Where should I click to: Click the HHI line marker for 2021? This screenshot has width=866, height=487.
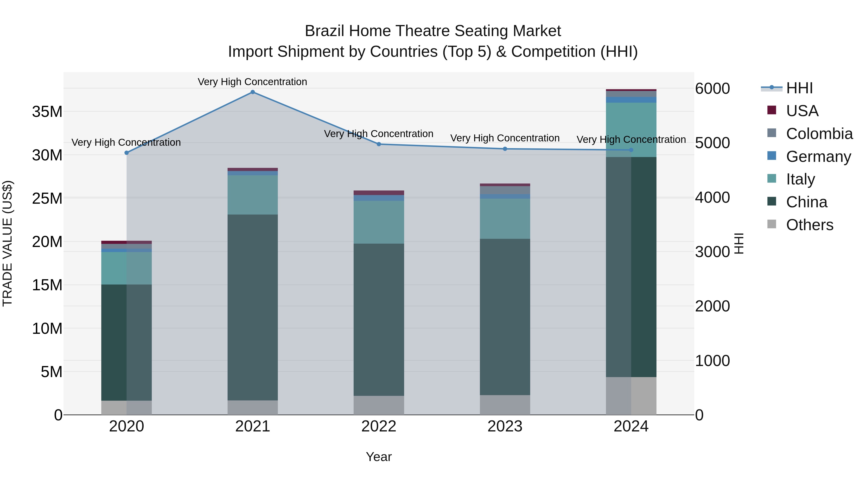pyautogui.click(x=253, y=92)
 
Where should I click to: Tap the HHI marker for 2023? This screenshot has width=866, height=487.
pyautogui.click(x=505, y=149)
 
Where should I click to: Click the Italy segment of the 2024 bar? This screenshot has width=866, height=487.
pyautogui.click(x=631, y=130)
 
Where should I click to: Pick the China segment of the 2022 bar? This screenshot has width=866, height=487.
pyautogui.click(x=379, y=319)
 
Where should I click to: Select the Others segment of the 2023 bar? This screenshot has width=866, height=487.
pyautogui.click(x=505, y=405)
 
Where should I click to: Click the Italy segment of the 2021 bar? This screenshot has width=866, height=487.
pyautogui.click(x=253, y=195)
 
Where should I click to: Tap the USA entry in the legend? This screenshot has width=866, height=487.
pyautogui.click(x=802, y=111)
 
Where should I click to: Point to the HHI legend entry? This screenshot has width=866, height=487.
pyautogui.click(x=799, y=88)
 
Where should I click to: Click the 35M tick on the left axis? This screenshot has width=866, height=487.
pyautogui.click(x=47, y=112)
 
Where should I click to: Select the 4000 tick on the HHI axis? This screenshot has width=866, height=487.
pyautogui.click(x=712, y=198)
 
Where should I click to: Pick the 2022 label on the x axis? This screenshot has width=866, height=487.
pyautogui.click(x=379, y=426)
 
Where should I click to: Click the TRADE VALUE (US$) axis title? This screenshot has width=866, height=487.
pyautogui.click(x=7, y=243)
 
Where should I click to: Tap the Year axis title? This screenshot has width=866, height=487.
pyautogui.click(x=379, y=457)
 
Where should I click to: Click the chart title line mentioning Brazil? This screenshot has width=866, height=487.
pyautogui.click(x=433, y=31)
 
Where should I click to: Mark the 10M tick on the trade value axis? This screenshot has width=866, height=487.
pyautogui.click(x=47, y=328)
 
